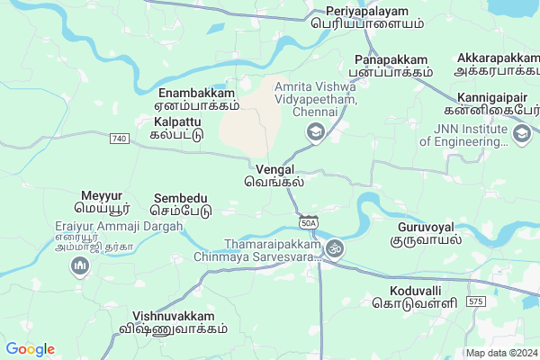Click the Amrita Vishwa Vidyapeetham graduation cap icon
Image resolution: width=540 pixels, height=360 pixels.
point(316,133)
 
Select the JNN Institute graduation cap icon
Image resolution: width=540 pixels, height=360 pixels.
point(520,133)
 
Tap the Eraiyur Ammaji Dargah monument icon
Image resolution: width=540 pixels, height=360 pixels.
point(80,266)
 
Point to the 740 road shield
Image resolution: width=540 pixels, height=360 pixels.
point(120,139)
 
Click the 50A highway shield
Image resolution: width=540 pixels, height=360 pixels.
point(309,221)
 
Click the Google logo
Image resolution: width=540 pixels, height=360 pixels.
point(30,349)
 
